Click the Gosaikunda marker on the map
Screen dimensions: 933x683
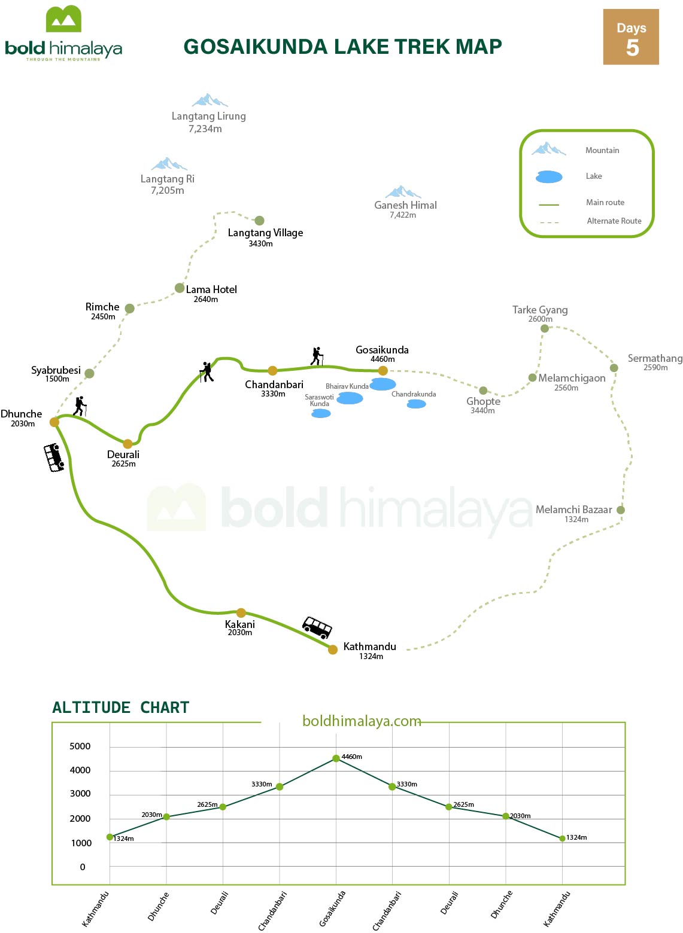tap(383, 371)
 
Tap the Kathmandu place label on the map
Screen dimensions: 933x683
tap(369, 647)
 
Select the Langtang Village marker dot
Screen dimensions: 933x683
tap(259, 221)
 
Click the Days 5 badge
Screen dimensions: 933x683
tap(631, 37)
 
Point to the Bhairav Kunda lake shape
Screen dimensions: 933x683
tap(383, 384)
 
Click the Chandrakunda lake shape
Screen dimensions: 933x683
tap(416, 404)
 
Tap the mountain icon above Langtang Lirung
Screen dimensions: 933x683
tap(210, 100)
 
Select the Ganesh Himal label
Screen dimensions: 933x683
tap(405, 205)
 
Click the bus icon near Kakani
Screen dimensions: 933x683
tap(317, 628)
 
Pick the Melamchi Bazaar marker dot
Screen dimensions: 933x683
tap(621, 510)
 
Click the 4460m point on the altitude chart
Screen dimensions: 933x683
tap(336, 758)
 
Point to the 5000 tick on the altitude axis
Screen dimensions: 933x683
tap(80, 746)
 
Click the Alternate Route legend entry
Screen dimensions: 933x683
tap(614, 221)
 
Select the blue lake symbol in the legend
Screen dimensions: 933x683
tap(549, 176)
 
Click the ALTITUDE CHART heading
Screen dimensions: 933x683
tap(120, 708)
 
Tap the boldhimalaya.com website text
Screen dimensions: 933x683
tap(362, 721)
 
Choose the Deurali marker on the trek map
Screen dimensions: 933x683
tap(128, 444)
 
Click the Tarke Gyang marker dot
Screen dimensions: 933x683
tap(544, 328)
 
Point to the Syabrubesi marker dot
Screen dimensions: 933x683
tap(89, 374)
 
